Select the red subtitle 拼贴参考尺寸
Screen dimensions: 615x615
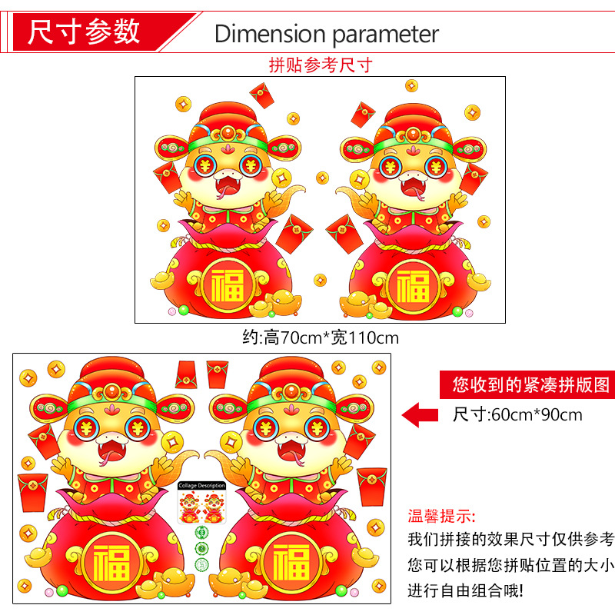coord(320,65)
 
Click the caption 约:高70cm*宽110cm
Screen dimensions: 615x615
coord(320,337)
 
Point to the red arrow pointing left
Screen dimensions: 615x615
coord(421,414)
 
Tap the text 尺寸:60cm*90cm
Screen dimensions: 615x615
coord(517,415)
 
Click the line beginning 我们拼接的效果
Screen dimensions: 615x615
coord(511,539)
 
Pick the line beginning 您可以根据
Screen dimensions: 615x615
coord(511,565)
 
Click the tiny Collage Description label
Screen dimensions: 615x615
coord(201,485)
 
